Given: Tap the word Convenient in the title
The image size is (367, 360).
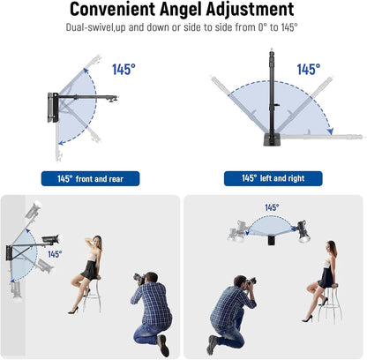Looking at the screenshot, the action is (x=112, y=9).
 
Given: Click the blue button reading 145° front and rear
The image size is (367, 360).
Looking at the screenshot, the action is (x=90, y=178).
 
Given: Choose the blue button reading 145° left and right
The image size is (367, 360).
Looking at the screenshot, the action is (x=273, y=178).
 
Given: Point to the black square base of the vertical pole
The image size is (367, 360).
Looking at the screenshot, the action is (x=271, y=139).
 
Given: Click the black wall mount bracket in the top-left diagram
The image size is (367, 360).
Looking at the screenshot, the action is (x=53, y=108).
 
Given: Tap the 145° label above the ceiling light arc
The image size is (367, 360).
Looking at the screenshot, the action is (x=272, y=207).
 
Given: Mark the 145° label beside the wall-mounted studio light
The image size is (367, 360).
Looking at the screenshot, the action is (x=55, y=254).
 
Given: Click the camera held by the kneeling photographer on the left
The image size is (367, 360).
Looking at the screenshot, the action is (x=139, y=278).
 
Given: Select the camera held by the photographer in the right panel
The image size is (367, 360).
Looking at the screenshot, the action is (x=251, y=281).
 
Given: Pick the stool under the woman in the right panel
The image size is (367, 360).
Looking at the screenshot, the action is (x=329, y=304).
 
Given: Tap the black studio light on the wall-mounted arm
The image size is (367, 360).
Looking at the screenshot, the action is (x=50, y=239).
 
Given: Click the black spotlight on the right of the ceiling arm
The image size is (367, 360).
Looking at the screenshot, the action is (x=303, y=231).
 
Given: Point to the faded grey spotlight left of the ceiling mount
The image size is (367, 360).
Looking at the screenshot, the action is (x=237, y=231).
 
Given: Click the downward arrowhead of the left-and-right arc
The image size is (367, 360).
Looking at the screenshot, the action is (x=331, y=131).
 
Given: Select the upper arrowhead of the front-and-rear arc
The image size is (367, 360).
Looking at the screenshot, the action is (x=86, y=71).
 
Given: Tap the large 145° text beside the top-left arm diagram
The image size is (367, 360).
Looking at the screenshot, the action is (x=124, y=70).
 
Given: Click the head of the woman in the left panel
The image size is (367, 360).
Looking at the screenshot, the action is (x=97, y=242).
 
